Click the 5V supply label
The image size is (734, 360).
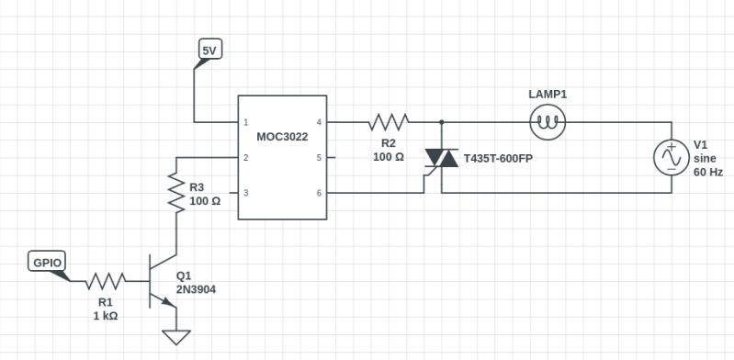(x=209, y=51)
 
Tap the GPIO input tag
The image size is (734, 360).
(x=48, y=263)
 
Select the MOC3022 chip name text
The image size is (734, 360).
(x=282, y=137)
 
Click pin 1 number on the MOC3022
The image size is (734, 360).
(x=245, y=122)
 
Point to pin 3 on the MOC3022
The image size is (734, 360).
(x=245, y=193)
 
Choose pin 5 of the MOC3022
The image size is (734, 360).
(x=319, y=158)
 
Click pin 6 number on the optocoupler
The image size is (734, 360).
(x=319, y=193)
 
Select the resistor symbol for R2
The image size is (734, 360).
(x=388, y=121)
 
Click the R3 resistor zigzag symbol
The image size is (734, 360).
(x=175, y=193)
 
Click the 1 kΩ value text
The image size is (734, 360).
(x=105, y=315)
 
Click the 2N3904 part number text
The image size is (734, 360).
(x=196, y=289)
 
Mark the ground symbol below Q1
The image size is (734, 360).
(x=175, y=337)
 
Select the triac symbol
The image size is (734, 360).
(x=441, y=158)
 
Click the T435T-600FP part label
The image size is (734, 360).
(x=498, y=158)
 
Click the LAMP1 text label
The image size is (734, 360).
(x=548, y=95)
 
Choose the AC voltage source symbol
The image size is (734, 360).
(x=670, y=158)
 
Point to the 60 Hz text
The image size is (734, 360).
(x=708, y=172)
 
